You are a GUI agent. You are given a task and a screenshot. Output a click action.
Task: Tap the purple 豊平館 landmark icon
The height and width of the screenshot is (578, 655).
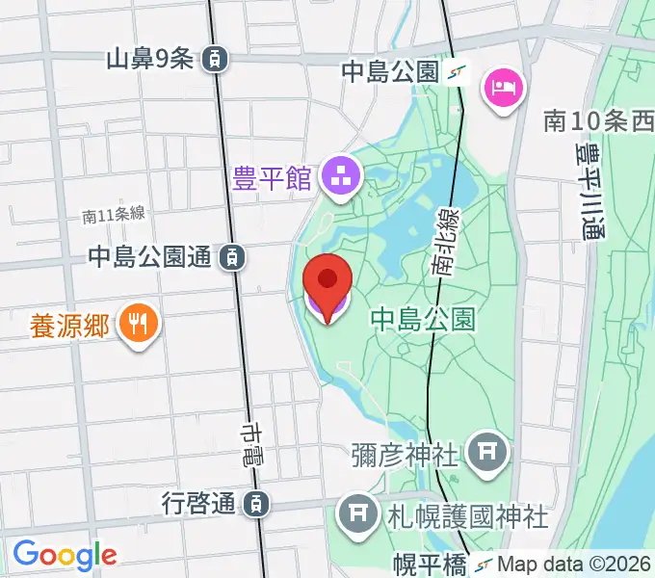[x=339, y=176]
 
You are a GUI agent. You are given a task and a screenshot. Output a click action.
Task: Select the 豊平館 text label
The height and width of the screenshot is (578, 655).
[x=273, y=178]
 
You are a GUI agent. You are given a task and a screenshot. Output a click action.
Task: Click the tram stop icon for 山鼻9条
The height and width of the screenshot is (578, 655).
[x=216, y=59]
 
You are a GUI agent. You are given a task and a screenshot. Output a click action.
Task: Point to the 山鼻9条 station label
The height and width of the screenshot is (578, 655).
[x=150, y=59]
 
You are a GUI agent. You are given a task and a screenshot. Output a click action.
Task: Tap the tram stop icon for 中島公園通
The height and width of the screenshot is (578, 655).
[x=231, y=256]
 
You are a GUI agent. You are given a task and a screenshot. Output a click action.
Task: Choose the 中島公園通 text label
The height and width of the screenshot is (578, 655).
[x=150, y=256]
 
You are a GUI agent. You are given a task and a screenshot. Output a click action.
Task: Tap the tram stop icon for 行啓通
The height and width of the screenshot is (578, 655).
[x=255, y=502]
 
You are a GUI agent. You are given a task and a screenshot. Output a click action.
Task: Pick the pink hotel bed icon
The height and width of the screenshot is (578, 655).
[x=504, y=90]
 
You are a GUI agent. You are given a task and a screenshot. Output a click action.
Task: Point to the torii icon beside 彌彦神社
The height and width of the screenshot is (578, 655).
[x=485, y=449]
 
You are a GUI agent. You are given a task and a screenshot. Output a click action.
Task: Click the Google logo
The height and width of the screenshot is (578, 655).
[x=65, y=554]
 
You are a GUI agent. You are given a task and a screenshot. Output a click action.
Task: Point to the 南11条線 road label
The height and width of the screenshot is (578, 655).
[x=114, y=216]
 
